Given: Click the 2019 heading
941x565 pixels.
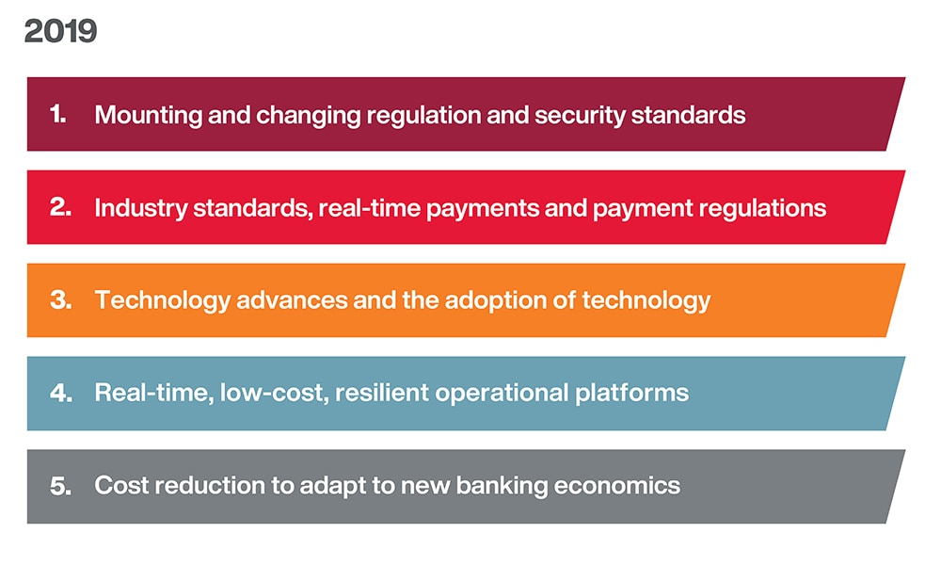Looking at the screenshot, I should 60,31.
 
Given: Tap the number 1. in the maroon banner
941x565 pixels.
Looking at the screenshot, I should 58,115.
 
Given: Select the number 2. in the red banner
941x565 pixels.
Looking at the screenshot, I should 60,207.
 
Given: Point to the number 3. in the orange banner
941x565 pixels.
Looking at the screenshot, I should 60,300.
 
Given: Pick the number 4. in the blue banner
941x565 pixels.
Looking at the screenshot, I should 60,393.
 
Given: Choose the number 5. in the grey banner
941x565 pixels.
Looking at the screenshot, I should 60,486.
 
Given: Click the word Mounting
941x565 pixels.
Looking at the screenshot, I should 140,116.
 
